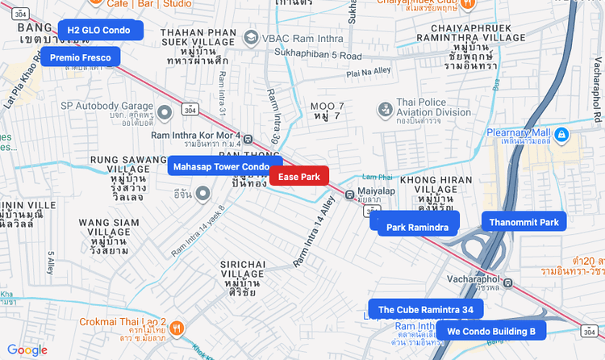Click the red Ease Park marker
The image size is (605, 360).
click(299, 176)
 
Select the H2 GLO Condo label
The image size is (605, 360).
click(100, 30)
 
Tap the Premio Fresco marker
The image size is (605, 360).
click(81, 57)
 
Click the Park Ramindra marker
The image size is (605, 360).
click(417, 227)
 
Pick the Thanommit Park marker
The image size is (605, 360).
click(524, 222)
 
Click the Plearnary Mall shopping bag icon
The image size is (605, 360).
click(562, 133)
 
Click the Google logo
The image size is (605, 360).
click(27, 350)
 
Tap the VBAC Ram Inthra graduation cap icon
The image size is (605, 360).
click(252, 38)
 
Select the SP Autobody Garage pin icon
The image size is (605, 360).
click(165, 111)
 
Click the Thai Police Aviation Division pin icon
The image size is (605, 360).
click(385, 108)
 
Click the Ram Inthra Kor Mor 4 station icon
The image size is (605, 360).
click(248, 139)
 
